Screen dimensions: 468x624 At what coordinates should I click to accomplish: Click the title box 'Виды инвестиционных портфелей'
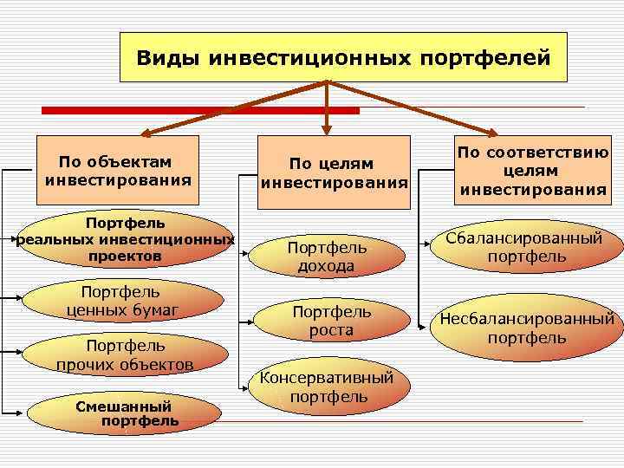click(x=342, y=57)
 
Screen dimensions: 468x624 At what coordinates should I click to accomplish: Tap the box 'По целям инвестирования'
click(x=335, y=172)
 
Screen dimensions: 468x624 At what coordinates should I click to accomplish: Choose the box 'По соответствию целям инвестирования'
click(x=533, y=171)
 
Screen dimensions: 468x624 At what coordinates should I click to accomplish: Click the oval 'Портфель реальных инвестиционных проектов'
click(x=126, y=239)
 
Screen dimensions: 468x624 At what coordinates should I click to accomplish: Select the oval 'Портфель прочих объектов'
click(x=125, y=354)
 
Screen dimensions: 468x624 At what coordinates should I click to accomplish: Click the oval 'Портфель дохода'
click(x=327, y=257)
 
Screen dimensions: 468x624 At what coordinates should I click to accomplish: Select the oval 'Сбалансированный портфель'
click(x=527, y=247)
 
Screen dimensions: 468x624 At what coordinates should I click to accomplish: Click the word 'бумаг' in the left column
click(x=154, y=309)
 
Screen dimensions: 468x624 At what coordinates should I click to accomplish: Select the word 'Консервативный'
click(x=327, y=378)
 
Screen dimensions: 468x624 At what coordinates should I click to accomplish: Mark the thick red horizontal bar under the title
click(x=200, y=110)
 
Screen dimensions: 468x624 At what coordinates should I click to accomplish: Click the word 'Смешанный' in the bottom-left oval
click(x=124, y=406)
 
